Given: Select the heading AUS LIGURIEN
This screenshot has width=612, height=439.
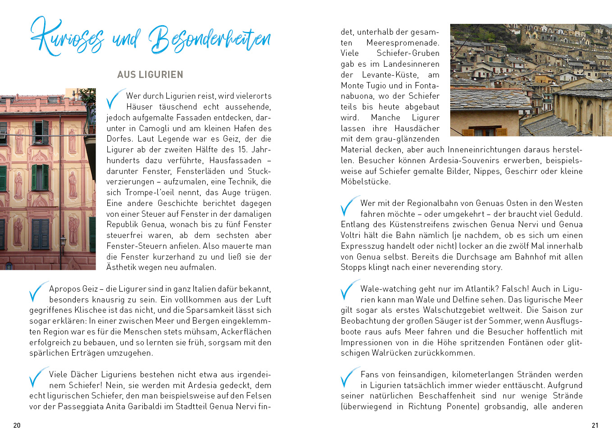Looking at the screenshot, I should pyautogui.click(x=150, y=75).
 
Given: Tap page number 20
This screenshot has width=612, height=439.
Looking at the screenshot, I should pyautogui.click(x=17, y=425).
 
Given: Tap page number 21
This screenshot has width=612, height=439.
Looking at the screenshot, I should pyautogui.click(x=595, y=425).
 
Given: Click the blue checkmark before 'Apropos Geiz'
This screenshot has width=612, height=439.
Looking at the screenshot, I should pyautogui.click(x=38, y=292).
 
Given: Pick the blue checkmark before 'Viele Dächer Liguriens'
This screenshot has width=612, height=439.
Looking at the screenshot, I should pyautogui.click(x=38, y=377).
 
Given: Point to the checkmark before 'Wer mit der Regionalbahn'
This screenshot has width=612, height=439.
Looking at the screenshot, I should pyautogui.click(x=349, y=206).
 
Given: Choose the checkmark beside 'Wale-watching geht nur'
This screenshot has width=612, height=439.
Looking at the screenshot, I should pyautogui.click(x=349, y=292).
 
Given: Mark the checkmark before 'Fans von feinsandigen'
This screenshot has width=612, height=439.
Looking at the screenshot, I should pyautogui.click(x=349, y=377).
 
